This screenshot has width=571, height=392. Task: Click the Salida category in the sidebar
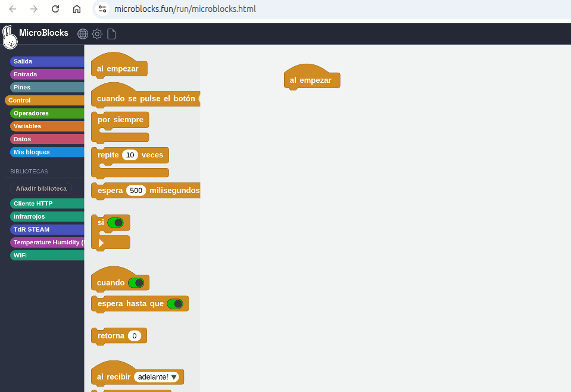(x=48, y=61)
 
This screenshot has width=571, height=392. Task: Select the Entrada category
(x=48, y=74)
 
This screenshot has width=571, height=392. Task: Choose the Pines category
(x=48, y=87)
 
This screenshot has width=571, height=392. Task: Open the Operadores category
(x=48, y=113)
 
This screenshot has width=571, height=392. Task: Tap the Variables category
(x=48, y=126)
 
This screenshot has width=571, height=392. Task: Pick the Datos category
(x=48, y=139)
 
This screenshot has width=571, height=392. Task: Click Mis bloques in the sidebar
(x=48, y=153)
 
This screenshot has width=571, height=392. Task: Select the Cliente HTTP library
(x=48, y=203)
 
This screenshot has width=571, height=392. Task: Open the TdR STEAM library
(x=48, y=229)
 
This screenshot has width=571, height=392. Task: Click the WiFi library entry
(x=48, y=256)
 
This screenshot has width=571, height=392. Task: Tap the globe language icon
(x=83, y=34)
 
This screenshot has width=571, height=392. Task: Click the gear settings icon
(x=97, y=34)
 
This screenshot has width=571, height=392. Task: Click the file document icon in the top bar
(x=111, y=34)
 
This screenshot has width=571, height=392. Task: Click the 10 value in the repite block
(x=130, y=155)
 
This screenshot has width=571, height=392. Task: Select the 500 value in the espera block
(x=136, y=191)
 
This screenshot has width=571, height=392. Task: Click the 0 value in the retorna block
(x=135, y=336)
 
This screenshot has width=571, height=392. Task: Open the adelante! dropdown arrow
(x=174, y=377)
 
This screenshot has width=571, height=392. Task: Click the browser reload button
(x=55, y=9)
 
